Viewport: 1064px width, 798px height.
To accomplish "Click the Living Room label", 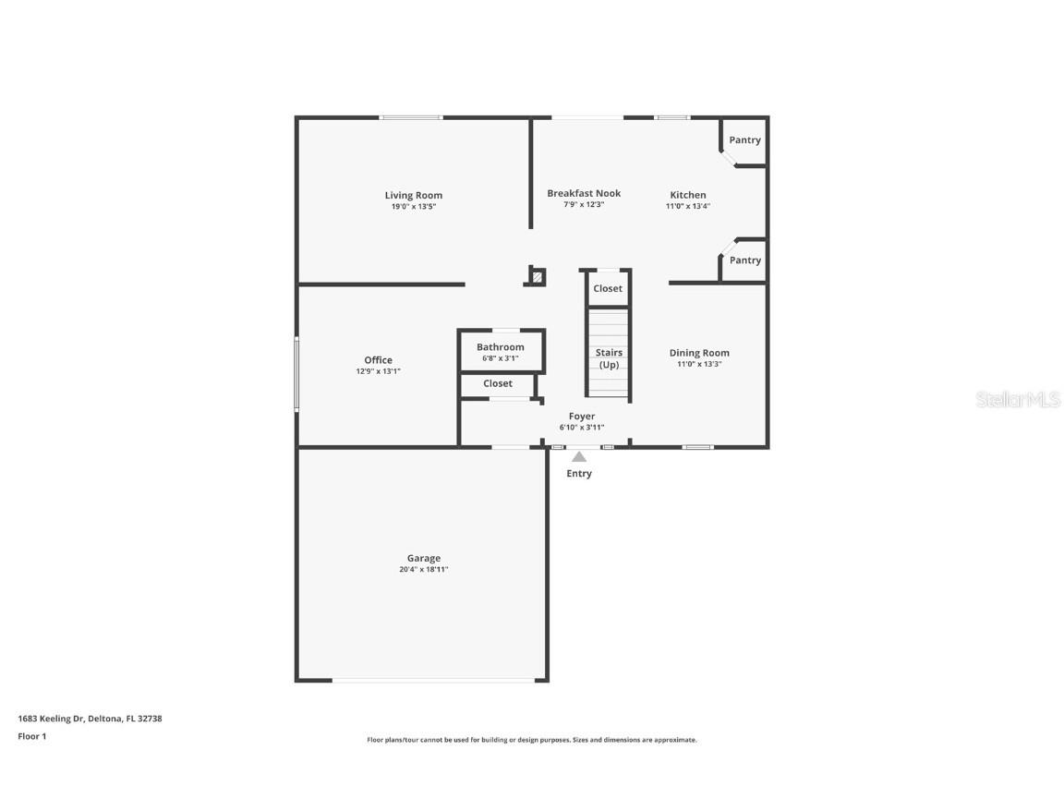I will coord(413,195).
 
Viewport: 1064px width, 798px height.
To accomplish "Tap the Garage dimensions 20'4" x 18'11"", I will coord(424,570).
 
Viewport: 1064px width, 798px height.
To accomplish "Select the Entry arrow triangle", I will coord(578,456).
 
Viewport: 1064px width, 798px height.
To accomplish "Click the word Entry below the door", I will coord(579,474).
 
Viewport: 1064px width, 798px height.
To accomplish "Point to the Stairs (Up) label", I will coord(609,358).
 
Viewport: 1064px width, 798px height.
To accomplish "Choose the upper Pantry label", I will coord(744,140).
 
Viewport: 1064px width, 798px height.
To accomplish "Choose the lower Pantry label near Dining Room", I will coord(744,260).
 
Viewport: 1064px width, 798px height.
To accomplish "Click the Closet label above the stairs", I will coord(608,289).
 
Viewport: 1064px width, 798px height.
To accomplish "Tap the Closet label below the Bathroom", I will coord(497,383).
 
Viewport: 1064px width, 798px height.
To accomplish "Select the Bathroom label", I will coord(500,347).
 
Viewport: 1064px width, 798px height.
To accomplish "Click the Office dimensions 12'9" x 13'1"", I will coord(378,371).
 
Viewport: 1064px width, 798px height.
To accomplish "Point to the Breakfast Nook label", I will coord(584,193).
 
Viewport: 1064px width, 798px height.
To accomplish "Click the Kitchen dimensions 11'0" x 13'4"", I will coord(688,207).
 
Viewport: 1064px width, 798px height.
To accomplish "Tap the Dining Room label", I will coord(699,353).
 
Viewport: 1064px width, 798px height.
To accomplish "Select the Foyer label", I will coord(582,417).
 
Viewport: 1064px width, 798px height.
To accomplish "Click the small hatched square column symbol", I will coord(537,276).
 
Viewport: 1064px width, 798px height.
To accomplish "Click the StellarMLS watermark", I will coord(1019,400).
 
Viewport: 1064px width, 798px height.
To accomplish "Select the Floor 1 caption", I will coord(31,736).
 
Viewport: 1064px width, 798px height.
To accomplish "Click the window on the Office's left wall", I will coord(296,374).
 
